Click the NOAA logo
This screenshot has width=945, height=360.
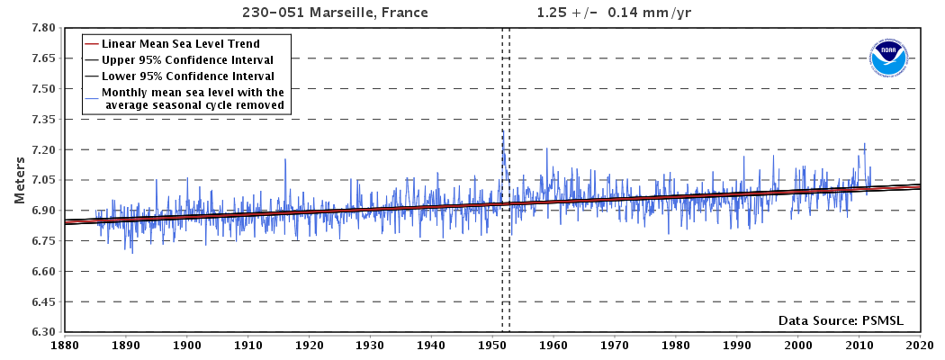click(888, 59)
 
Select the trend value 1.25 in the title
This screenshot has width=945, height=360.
click(553, 13)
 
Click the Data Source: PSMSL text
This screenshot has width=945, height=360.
click(841, 320)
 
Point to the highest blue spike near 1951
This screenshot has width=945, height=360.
click(502, 130)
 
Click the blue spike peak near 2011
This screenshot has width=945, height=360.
click(865, 143)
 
